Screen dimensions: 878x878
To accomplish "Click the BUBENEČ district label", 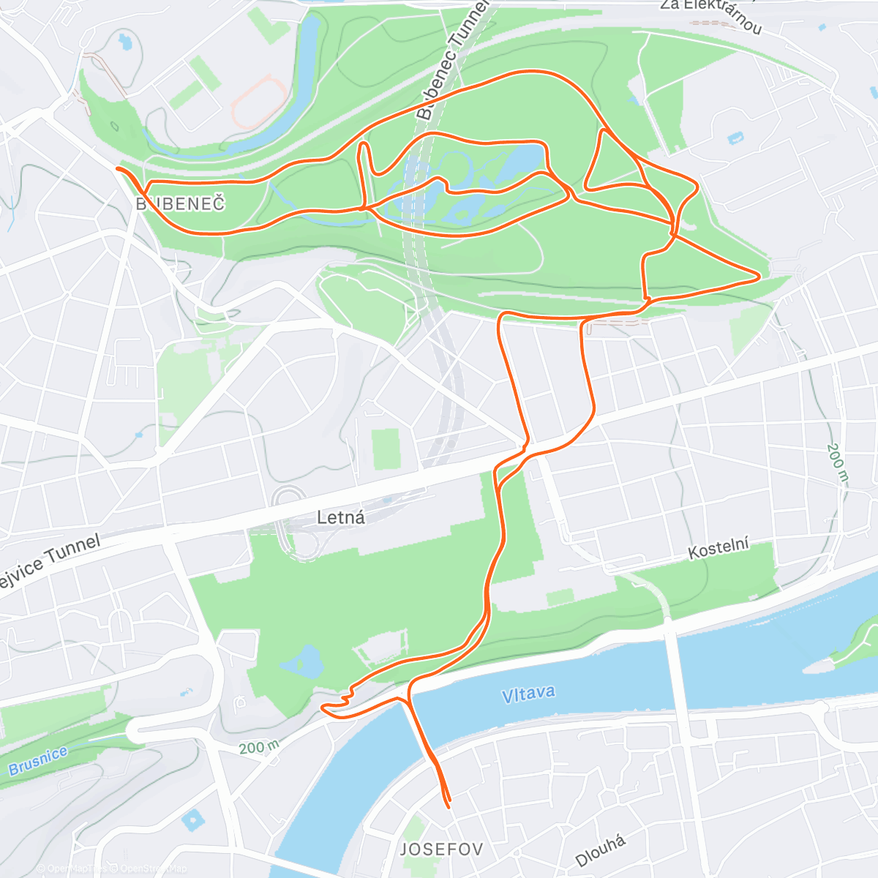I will point(181,204).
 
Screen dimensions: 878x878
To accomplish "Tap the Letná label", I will point(341,518).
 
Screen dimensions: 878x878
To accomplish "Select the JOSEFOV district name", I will point(442,849).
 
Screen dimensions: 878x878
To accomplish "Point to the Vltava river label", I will point(528,694).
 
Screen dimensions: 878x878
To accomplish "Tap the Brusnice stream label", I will point(38,761).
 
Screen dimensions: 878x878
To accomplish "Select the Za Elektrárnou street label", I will point(711,15).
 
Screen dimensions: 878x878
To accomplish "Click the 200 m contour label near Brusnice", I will point(259,747).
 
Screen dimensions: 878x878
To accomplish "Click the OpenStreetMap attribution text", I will point(154,868).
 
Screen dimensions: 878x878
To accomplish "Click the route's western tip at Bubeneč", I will point(117,169).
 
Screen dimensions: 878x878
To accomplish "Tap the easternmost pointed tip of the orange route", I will point(759,277).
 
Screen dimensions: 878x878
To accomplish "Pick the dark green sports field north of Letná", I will point(386,449).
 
